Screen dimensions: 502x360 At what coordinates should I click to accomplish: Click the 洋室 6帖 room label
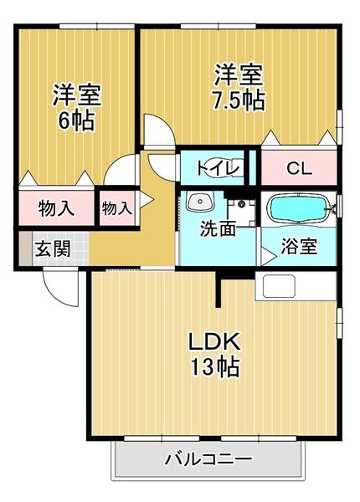(x=75, y=106)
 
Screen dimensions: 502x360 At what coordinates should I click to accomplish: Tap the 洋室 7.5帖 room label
(x=239, y=87)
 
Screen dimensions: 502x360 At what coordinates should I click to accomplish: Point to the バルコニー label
(x=208, y=459)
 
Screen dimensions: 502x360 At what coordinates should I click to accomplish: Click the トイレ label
(x=219, y=168)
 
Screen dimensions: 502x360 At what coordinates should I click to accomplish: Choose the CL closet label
(x=299, y=168)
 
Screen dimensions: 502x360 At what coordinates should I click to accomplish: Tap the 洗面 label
(x=217, y=228)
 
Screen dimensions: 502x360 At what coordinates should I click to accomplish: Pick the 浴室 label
(x=299, y=247)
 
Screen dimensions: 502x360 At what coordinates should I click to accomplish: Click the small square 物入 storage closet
(x=116, y=208)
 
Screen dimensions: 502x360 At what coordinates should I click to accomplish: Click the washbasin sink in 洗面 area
(x=199, y=202)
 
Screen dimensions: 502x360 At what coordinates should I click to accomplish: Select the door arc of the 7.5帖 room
(x=157, y=132)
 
